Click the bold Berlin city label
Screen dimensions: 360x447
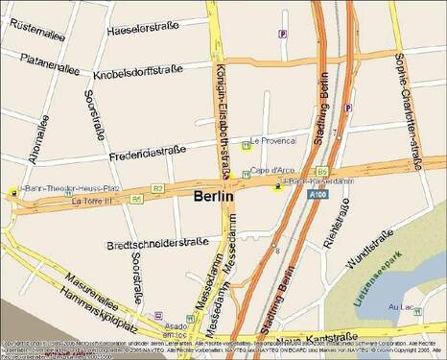click(214, 196)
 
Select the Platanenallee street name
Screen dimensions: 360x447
click(43, 68)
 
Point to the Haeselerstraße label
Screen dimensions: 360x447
click(143, 30)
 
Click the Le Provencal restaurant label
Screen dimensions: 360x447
click(273, 139)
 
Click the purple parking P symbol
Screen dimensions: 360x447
click(282, 34)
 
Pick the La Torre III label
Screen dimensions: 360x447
click(91, 203)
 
